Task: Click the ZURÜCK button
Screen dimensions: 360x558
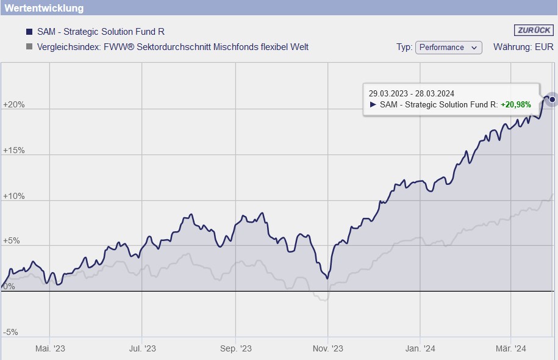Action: click(534, 31)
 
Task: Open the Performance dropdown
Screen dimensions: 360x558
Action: click(448, 48)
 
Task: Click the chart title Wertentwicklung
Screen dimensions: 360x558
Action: click(44, 8)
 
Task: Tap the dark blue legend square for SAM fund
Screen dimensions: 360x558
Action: click(29, 32)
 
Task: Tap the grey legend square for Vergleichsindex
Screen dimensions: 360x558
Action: click(29, 47)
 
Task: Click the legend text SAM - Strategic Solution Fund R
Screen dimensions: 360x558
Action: click(101, 32)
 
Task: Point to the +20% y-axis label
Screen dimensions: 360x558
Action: click(14, 104)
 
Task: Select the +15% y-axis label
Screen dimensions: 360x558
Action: click(14, 150)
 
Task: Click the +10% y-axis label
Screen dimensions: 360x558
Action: click(14, 196)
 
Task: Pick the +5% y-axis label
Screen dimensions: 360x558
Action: click(12, 241)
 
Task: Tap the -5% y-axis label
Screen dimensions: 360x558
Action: click(11, 333)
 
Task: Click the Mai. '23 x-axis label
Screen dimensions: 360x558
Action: click(50, 348)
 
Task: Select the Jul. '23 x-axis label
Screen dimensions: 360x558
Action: click(142, 348)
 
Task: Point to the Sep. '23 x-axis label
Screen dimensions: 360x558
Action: click(235, 348)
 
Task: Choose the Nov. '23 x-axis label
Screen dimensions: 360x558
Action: click(328, 348)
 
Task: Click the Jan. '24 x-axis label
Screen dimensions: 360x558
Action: click(420, 348)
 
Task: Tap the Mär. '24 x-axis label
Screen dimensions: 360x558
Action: click(511, 348)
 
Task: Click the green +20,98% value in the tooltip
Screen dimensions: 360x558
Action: click(516, 104)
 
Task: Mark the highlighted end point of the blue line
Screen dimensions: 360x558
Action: click(553, 99)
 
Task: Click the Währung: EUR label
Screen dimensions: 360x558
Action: click(523, 47)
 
